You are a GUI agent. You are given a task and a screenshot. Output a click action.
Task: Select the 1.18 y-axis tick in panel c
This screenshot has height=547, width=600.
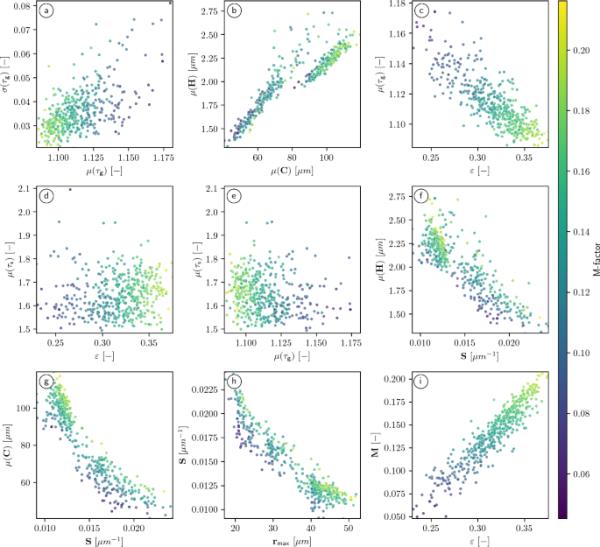point(395,7)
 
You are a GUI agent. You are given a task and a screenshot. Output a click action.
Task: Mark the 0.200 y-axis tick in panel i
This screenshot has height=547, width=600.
point(392,381)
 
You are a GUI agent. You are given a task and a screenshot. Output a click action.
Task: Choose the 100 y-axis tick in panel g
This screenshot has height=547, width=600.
point(23,407)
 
